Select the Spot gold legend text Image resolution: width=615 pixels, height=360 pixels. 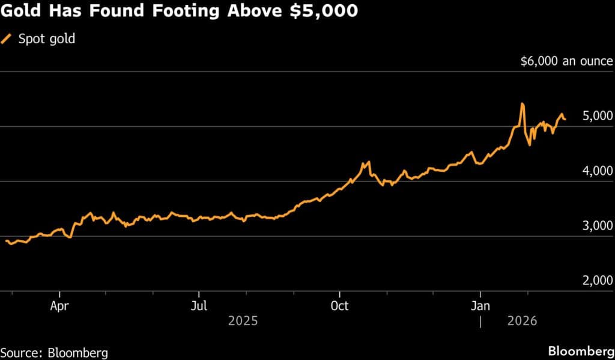coord(47,40)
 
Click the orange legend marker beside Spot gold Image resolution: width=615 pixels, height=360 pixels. coord(7,40)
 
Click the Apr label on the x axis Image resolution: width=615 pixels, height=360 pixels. coord(59,306)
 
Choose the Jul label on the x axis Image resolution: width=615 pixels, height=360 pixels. coord(199,306)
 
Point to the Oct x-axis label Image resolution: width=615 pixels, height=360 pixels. coord(340,306)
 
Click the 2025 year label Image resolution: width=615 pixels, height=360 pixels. coord(243,322)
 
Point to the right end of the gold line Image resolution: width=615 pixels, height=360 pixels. coord(565,120)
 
